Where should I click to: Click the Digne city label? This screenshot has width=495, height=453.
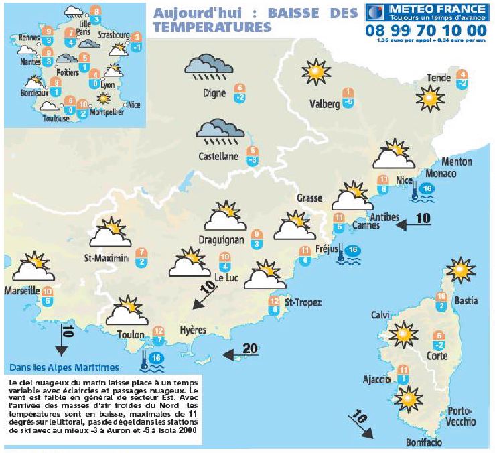click(214, 94)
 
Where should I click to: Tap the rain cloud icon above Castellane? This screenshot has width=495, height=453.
click(220, 132)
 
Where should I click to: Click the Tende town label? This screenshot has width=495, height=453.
click(439, 78)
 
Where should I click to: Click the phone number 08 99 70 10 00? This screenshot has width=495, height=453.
click(426, 30)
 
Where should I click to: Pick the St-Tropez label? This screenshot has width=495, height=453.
click(303, 303)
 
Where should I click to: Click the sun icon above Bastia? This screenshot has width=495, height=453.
click(460, 270)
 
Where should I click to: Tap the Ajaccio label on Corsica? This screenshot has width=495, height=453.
click(376, 380)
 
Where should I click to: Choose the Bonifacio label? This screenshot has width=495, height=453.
click(424, 442)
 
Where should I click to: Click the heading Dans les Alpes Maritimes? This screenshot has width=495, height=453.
click(64, 367)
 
